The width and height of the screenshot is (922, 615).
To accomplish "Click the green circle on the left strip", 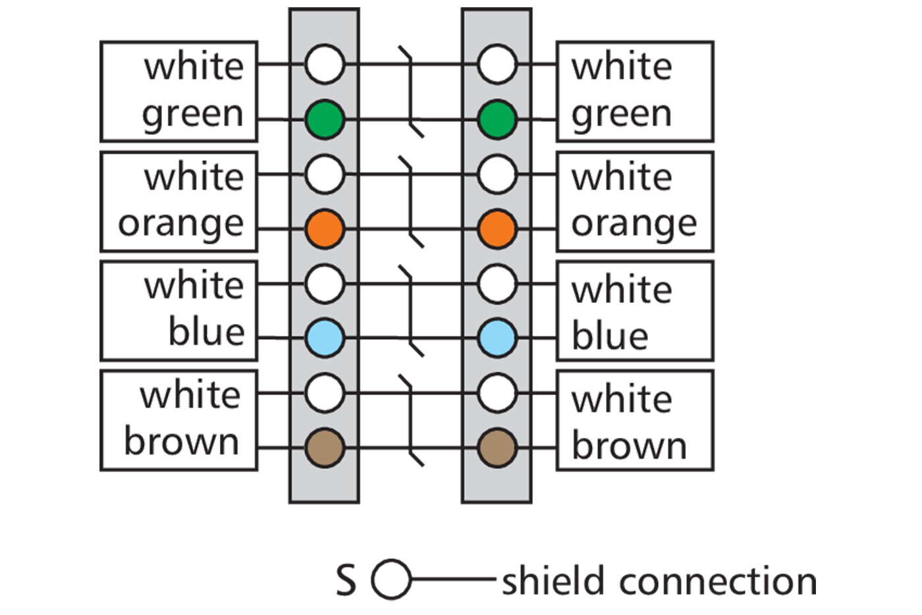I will pyautogui.click(x=325, y=119).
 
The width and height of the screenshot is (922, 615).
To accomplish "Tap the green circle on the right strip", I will pyautogui.click(x=497, y=119).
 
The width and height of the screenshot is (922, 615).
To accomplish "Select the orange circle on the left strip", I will pyautogui.click(x=325, y=228).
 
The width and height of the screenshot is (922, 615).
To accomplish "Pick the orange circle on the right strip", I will pyautogui.click(x=497, y=228).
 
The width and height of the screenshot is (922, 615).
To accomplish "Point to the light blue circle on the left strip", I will pyautogui.click(x=325, y=338).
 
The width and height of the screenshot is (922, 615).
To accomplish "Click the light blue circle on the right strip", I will pyautogui.click(x=497, y=338).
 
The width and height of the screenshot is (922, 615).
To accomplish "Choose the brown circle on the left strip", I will pyautogui.click(x=325, y=448).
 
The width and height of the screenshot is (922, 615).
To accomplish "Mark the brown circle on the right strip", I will pyautogui.click(x=497, y=448).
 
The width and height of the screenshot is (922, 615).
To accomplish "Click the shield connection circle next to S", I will pyautogui.click(x=391, y=580).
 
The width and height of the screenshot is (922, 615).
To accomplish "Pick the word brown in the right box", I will pyautogui.click(x=629, y=446).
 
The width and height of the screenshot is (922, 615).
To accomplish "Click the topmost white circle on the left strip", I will pyautogui.click(x=325, y=65).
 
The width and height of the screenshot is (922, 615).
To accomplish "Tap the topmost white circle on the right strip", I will pyautogui.click(x=497, y=65).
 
